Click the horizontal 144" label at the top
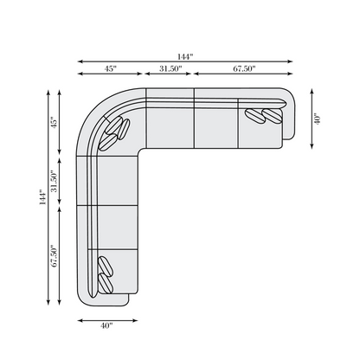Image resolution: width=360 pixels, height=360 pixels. coord(185,56)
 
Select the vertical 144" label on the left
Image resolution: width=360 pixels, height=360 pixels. coord(42,197)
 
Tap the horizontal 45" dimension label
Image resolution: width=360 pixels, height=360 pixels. coord(111,68)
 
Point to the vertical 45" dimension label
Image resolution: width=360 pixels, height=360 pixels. coord(54,122)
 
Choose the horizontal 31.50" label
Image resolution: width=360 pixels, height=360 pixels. coord(170,68)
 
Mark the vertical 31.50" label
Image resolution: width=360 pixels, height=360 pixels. coord(54,181)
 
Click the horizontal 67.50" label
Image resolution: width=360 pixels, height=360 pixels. coord(244,68)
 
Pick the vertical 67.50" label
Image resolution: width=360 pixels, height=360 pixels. coord(54,256)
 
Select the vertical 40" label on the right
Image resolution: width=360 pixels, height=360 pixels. coord(317,119)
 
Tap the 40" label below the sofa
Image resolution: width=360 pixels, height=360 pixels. coord(106,325)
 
